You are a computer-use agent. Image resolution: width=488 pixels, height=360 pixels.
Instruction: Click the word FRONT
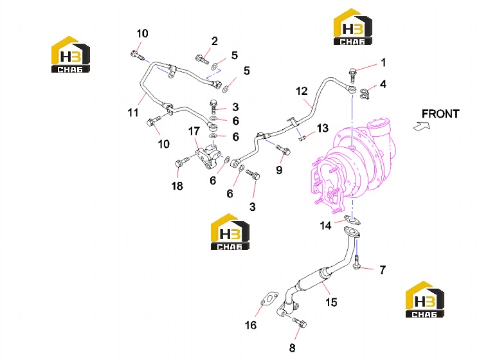coord(440,114)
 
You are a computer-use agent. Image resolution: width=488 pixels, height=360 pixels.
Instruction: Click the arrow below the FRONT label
coord(422,126)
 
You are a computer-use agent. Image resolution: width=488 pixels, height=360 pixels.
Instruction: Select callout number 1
coord(383,62)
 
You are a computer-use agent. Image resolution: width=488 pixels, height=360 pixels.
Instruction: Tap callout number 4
coord(383,84)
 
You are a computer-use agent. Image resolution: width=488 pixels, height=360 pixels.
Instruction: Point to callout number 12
coord(302,91)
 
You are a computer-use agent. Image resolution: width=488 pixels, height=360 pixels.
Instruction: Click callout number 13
coord(323,128)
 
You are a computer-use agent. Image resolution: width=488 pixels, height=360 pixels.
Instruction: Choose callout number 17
coord(194,131)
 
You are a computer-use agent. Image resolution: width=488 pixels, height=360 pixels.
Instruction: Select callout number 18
coord(177,186)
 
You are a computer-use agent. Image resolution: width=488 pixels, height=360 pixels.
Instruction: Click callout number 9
coord(279,170)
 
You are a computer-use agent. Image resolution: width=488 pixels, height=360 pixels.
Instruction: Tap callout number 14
coord(325,225)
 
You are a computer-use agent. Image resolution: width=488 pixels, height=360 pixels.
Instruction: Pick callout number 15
coord(331,302)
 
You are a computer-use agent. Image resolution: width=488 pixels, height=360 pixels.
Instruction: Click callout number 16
coord(251,325)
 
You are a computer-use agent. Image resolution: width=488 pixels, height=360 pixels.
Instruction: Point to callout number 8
coord(292,348)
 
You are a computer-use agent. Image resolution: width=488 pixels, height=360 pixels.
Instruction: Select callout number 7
coord(383,269)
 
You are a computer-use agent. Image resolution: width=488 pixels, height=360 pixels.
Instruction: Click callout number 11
coord(133,113)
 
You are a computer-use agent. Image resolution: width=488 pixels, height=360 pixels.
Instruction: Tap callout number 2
coord(215,40)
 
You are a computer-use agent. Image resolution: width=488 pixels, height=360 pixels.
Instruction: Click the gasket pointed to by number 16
coord(269,299)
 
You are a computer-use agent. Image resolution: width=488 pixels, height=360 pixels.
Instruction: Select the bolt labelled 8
coord(299,323)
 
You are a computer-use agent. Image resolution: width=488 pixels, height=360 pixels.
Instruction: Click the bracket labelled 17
coord(208,157)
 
